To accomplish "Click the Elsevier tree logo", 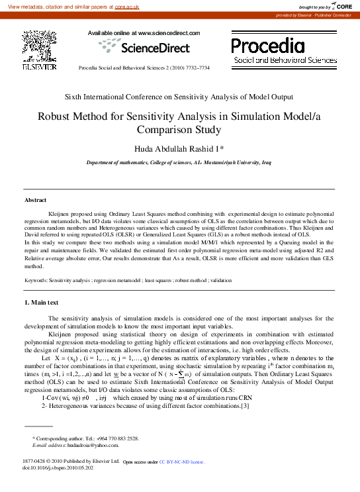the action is coord(35,46).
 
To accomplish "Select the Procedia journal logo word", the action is coord(268,45).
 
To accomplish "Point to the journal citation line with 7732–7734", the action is coord(144,68).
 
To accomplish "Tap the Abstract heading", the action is coord(36,200).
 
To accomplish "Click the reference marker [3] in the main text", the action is coord(263,406).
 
